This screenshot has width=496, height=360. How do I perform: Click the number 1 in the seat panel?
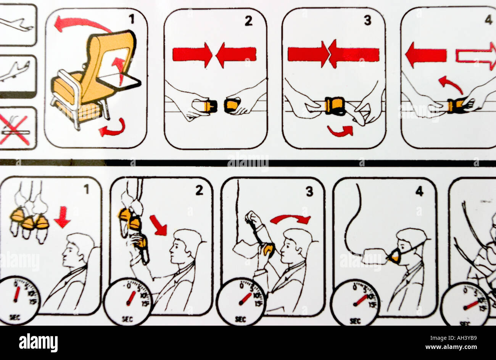coord(132,19)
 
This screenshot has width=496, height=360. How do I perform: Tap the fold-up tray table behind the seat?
coord(119,80)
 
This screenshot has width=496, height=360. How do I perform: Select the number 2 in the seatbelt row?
coord(248,21)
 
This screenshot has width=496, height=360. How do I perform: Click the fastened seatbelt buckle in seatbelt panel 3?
coord(335,106)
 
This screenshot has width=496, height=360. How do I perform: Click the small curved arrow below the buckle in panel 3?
coord(340,131)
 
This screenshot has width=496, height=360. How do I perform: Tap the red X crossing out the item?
coord(14,130)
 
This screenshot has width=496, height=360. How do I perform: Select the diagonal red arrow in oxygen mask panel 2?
coord(158,225)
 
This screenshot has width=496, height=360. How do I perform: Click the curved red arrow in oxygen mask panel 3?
coord(291,219)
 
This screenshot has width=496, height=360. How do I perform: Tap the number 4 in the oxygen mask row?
coord(419,191)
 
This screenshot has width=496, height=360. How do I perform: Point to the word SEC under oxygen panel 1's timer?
coord(14,317)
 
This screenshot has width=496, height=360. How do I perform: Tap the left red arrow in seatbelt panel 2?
coord(192,54)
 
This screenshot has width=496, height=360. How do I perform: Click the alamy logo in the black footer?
coord(38,342)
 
